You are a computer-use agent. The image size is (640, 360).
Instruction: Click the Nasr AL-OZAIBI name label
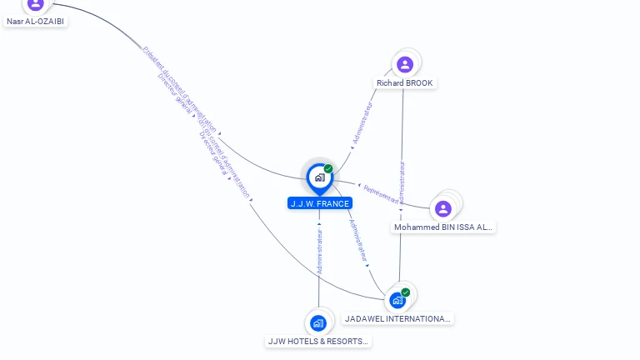pyautogui.click(x=35, y=21)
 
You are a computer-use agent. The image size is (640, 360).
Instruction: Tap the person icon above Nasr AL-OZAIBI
pyautogui.click(x=35, y=4)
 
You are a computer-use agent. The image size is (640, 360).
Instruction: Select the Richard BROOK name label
pyautogui.click(x=404, y=83)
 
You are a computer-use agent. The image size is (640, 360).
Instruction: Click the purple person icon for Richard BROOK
pyautogui.click(x=405, y=64)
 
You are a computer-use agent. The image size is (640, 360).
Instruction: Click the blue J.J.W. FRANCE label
pyautogui.click(x=320, y=203)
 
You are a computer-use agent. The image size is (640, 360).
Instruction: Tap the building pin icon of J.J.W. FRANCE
pyautogui.click(x=319, y=177)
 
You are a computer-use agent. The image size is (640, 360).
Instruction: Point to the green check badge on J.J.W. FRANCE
pyautogui.click(x=328, y=169)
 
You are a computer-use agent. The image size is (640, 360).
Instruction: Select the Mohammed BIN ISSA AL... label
pyautogui.click(x=443, y=227)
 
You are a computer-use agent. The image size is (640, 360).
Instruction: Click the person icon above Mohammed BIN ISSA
pyautogui.click(x=443, y=208)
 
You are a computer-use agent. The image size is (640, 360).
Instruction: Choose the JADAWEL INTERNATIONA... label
pyautogui.click(x=398, y=318)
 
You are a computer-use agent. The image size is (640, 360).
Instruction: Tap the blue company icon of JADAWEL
pyautogui.click(x=397, y=300)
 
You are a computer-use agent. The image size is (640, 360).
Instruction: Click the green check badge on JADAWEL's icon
pyautogui.click(x=406, y=292)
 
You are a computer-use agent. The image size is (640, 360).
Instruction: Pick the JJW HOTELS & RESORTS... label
pyautogui.click(x=318, y=341)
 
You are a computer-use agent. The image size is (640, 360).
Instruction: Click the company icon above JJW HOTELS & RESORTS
pyautogui.click(x=318, y=322)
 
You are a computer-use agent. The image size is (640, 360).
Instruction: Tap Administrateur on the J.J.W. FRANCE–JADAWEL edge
pyautogui.click(x=359, y=241)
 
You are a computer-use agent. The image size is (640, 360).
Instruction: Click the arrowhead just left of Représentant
pyautogui.click(x=359, y=186)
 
